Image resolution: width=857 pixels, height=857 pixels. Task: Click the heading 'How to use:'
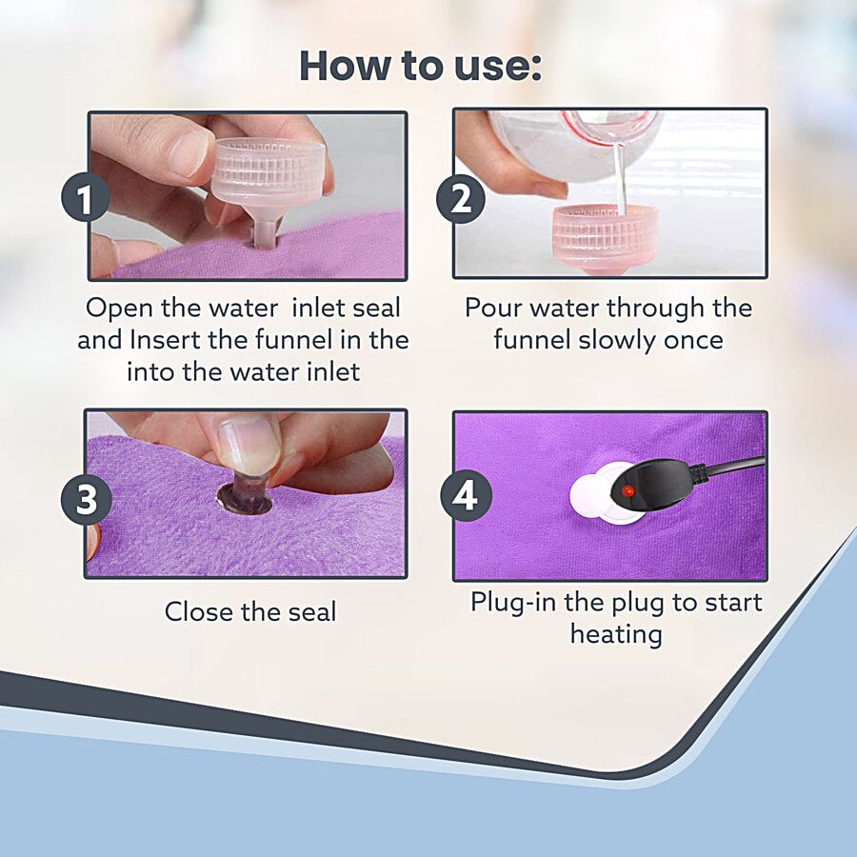[420, 66]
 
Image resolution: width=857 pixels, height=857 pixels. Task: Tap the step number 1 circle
[86, 198]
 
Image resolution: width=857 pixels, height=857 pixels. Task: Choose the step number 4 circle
[466, 496]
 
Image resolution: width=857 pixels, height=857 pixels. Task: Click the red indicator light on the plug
[628, 490]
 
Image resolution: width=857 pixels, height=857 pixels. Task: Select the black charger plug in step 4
[656, 485]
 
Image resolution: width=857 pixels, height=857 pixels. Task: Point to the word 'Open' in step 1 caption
[119, 309]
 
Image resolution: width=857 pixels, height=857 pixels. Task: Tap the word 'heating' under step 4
[616, 635]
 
